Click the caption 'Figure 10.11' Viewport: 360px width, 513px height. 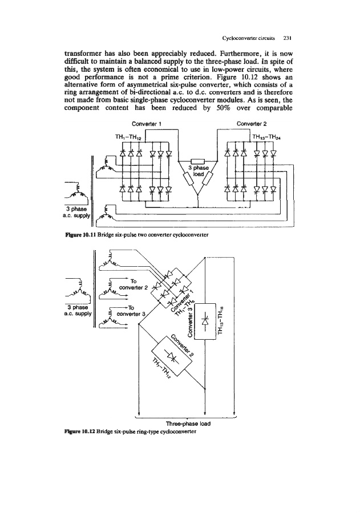[75, 234]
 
